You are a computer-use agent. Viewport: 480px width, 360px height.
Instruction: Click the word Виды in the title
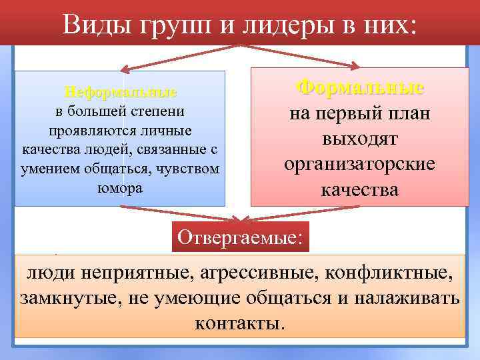91,25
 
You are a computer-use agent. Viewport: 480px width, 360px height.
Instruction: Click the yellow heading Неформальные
120,91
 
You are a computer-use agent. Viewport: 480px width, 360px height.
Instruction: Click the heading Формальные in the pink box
360,87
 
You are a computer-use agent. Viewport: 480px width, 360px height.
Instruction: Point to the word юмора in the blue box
120,187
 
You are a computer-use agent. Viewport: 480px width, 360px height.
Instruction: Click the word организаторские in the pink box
360,165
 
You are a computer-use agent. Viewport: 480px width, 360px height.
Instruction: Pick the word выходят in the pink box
360,139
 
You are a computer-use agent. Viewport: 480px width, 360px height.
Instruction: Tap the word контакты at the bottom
240,323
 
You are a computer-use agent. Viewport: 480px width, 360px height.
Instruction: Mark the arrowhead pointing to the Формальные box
357,65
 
